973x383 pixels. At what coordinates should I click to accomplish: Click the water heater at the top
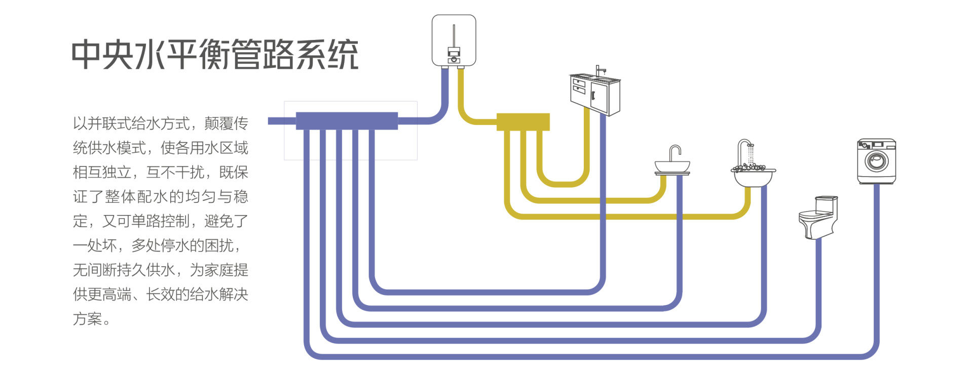(454, 40)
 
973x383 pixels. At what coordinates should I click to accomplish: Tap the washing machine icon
(876, 161)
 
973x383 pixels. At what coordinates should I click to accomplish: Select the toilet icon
(817, 218)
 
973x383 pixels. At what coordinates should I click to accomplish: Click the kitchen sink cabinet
(595, 94)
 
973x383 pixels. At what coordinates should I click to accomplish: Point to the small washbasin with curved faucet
(672, 162)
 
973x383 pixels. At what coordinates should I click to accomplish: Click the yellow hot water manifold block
(523, 122)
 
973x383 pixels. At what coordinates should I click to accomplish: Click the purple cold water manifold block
(347, 121)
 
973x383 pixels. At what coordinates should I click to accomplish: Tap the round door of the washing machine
(876, 161)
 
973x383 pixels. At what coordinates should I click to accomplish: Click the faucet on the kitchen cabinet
(599, 70)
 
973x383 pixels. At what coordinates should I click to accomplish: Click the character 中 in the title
(87, 55)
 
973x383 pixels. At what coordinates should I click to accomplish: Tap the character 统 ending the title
(343, 55)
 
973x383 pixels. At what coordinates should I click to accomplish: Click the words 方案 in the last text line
(88, 319)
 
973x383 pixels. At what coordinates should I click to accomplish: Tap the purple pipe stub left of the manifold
(281, 121)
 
